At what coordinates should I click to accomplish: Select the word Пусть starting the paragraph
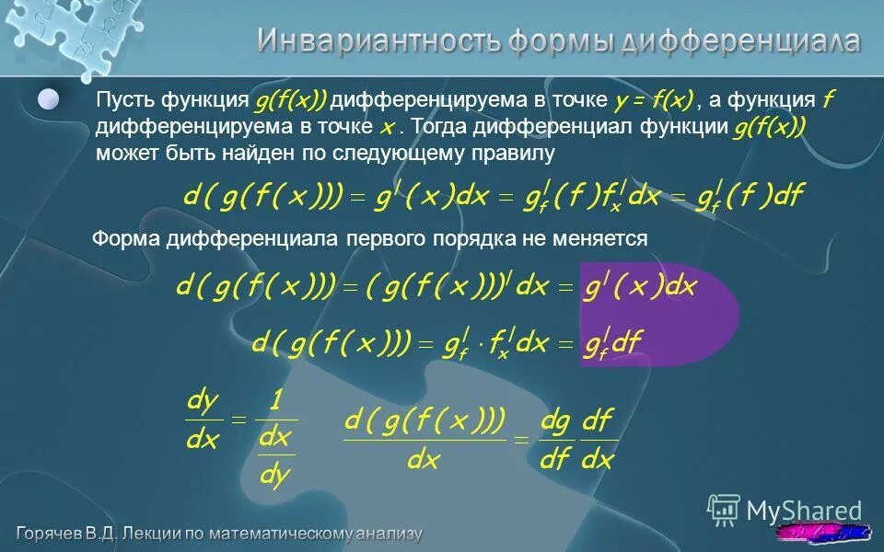tap(124, 100)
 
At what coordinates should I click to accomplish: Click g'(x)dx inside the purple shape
tap(640, 287)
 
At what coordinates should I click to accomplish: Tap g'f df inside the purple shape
tap(613, 344)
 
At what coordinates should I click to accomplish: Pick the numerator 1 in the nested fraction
tap(275, 401)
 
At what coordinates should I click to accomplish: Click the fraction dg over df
tap(555, 441)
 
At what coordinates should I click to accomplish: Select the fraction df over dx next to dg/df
tap(598, 441)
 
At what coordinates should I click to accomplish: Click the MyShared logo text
tap(804, 511)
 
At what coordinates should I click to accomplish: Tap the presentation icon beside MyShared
tap(724, 509)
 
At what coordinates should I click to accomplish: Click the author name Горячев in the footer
tap(55, 534)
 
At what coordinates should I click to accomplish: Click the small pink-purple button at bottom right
tap(823, 533)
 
